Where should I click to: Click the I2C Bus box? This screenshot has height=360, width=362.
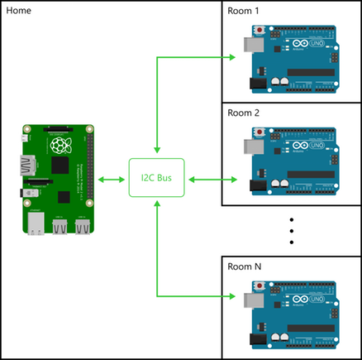pos(156,179)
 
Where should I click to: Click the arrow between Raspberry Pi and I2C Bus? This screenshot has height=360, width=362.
pos(112,180)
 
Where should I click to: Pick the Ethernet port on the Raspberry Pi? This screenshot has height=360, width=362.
pos(36,225)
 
